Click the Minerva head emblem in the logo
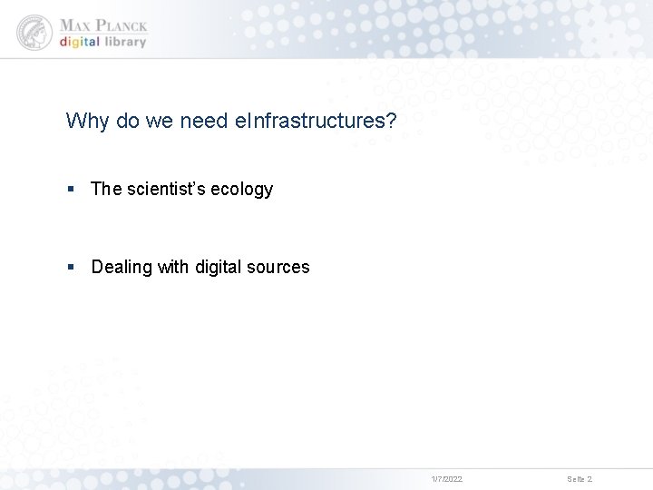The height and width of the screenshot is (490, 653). (34, 33)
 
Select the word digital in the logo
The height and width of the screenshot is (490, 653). (80, 42)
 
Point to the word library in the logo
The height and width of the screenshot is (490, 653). (124, 42)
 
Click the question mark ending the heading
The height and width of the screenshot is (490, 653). (391, 121)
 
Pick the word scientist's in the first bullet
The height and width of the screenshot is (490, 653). (171, 189)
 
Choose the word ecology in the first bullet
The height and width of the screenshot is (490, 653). (246, 190)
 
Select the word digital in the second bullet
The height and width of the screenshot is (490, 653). (219, 267)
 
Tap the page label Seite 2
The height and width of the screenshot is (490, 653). (580, 478)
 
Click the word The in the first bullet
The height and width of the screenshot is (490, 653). (106, 189)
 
